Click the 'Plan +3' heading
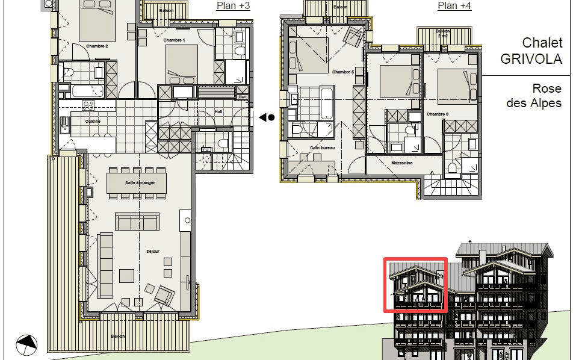pos(233,6)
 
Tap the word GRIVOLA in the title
pos(531,59)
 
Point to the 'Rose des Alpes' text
pos(534,96)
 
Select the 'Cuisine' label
pos(93,121)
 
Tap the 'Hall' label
pos(219,111)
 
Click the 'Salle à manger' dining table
pos(137,183)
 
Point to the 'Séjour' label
pos(152,251)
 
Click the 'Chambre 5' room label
pos(343,72)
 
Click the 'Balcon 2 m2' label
pos(442,33)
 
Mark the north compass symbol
pos(26,345)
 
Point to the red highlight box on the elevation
pos(415,285)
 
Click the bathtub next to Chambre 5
pos(325,103)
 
